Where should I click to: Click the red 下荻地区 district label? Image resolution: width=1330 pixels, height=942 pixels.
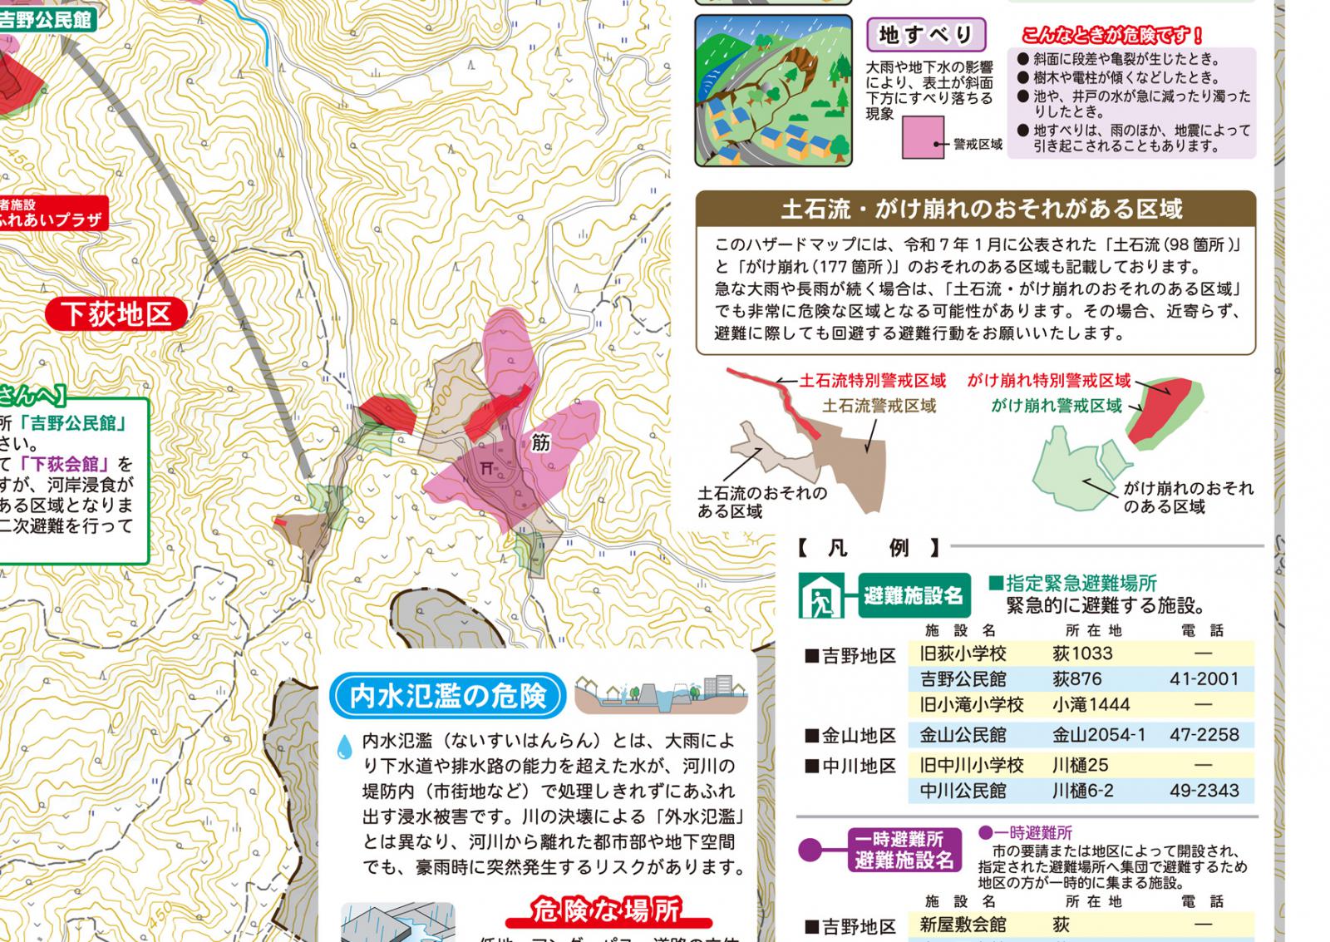point(116,314)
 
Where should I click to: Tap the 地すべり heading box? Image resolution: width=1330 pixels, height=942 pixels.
point(925,35)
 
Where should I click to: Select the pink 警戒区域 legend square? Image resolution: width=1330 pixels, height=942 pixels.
point(923,136)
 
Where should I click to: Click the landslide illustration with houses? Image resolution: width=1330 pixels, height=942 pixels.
point(773,91)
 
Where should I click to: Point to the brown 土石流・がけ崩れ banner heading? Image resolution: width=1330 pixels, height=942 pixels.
point(975,209)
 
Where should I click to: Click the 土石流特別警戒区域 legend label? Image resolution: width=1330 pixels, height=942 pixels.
point(872,381)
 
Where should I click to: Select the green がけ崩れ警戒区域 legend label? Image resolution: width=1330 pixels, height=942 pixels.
point(1056,406)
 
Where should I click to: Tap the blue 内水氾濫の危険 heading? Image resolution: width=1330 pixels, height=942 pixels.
point(447,695)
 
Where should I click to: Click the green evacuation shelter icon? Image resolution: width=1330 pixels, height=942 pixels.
point(820,595)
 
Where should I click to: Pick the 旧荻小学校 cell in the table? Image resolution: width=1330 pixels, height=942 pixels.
point(963,653)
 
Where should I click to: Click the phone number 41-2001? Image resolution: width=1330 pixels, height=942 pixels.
point(1204,679)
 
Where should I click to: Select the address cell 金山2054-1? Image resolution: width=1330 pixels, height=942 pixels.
point(1098,735)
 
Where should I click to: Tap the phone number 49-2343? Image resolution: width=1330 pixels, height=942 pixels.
point(1204,791)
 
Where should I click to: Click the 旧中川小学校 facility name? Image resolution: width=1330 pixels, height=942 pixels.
point(971,765)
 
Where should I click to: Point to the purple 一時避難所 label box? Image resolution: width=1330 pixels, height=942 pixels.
point(904,849)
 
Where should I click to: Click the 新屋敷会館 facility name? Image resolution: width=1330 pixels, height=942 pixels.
point(963,925)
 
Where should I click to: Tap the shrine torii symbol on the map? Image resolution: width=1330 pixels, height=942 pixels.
point(486,469)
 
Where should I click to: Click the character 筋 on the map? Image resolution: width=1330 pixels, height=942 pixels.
point(541,442)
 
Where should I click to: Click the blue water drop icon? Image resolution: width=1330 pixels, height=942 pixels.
point(344,747)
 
